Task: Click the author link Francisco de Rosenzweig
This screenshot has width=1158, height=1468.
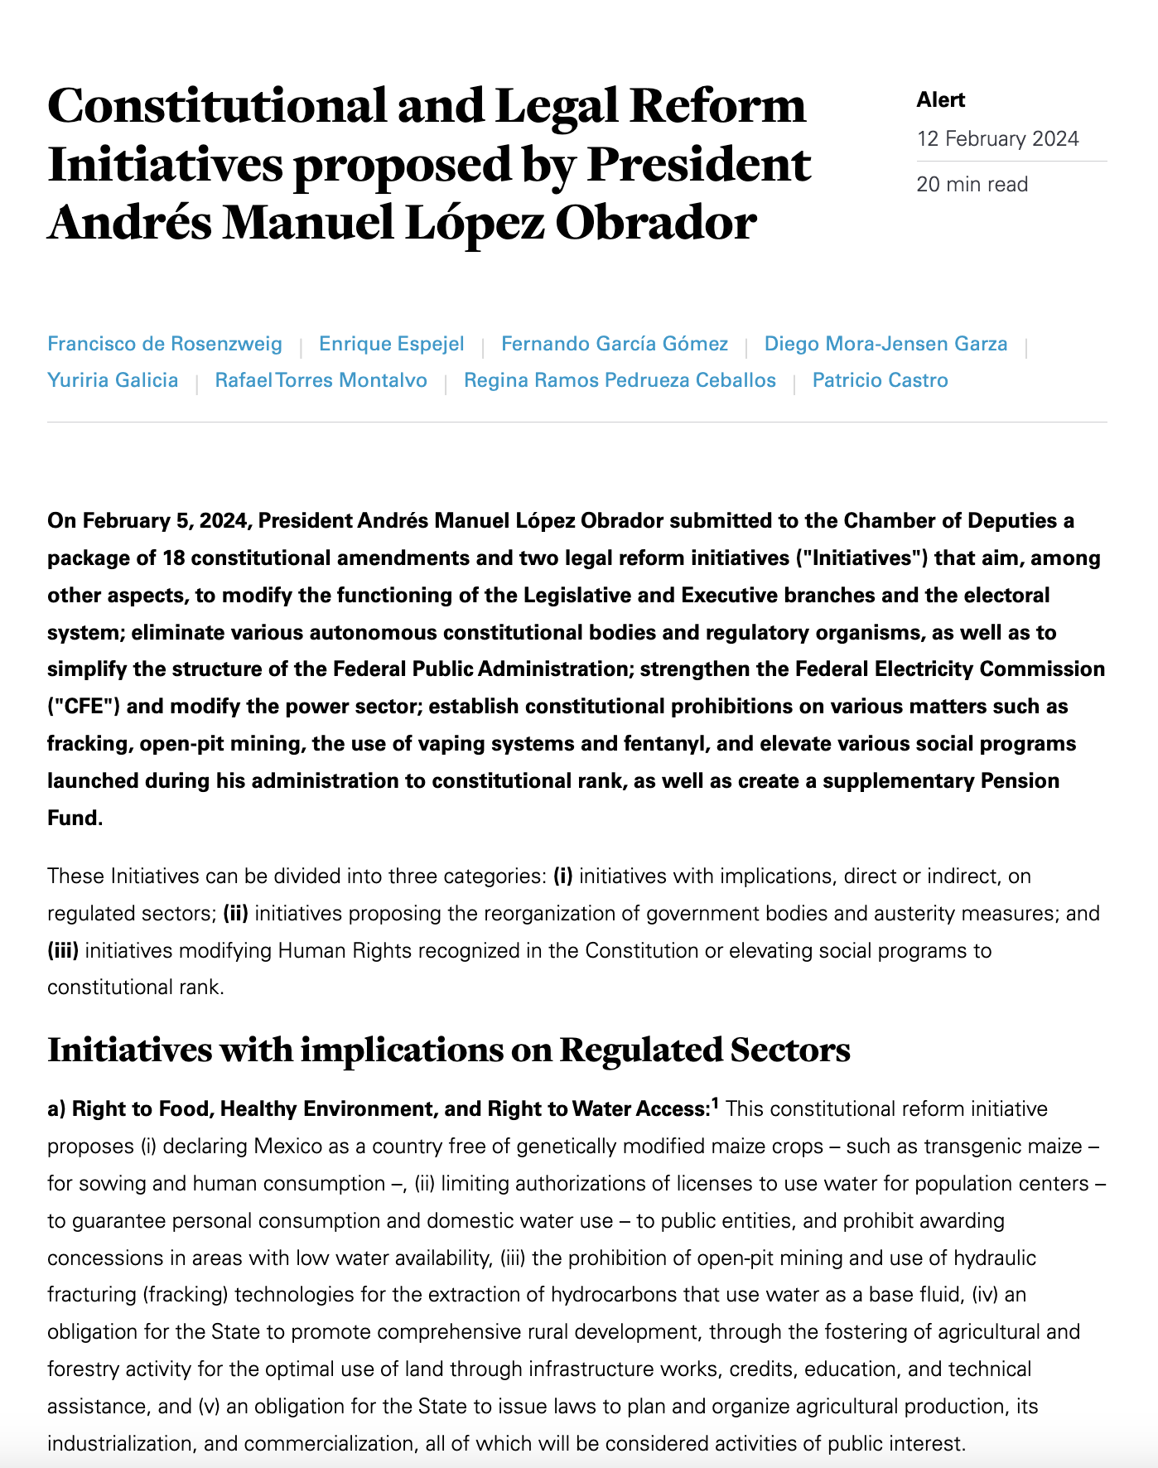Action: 165,344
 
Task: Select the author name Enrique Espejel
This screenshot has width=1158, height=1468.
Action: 391,344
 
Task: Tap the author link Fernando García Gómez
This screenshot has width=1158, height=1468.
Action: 615,344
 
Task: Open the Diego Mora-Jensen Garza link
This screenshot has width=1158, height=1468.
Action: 885,344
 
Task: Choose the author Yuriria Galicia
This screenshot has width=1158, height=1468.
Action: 113,380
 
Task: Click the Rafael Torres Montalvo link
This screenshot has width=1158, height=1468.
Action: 321,380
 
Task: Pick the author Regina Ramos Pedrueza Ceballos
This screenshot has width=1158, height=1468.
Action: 620,380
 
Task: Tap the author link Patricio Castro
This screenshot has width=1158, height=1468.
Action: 880,380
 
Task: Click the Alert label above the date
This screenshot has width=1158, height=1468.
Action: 940,100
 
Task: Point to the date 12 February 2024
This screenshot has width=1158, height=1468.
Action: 997,138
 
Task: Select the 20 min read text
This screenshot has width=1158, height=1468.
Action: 972,184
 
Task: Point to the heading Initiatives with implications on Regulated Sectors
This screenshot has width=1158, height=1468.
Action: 449,1050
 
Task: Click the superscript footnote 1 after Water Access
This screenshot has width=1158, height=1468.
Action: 715,1103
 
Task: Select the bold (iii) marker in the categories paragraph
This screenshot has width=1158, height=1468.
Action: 63,950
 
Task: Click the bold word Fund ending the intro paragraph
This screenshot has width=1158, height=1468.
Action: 73,818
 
